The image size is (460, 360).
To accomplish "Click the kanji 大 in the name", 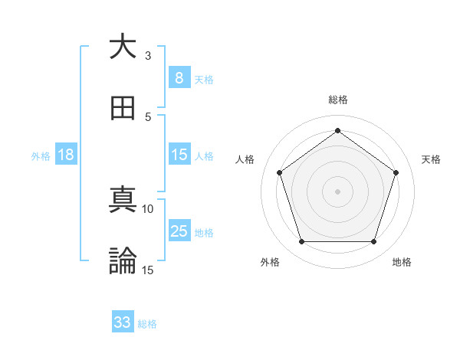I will coord(123,47).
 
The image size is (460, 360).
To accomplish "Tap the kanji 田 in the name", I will coord(123,108).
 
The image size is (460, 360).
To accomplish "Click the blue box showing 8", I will coord(179,77).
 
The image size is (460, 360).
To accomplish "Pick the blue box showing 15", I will coord(179,155).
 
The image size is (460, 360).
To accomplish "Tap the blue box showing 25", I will coord(179,231).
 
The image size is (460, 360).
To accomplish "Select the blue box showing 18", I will coord(66,155).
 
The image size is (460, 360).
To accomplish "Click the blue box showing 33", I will coord(123,322).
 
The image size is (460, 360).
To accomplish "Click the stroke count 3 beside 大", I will coord(148,56).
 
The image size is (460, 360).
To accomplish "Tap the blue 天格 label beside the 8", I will coord(204,79).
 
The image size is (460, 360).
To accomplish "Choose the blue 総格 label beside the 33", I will coord(147,324).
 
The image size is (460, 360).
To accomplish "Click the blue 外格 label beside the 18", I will coord(41,155).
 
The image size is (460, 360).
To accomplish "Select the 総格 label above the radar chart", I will coord(337,100).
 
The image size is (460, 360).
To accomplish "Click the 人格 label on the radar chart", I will coord(245,159).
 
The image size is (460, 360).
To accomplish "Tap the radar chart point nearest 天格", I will coord(396,172).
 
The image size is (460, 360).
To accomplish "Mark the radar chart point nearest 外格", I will coord(301,241).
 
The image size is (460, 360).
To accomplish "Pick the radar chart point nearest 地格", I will coord(373,241).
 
